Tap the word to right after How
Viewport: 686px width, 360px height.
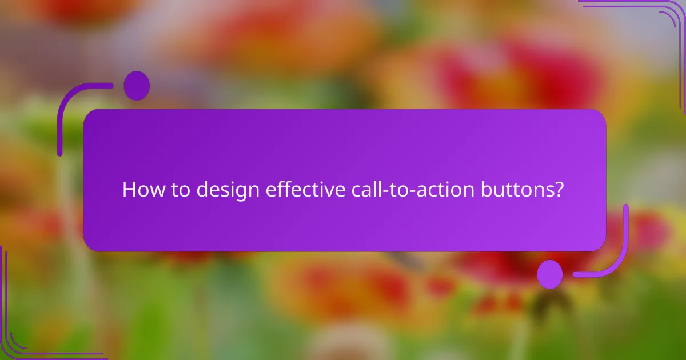click(x=180, y=190)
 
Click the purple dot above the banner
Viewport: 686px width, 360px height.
click(x=137, y=86)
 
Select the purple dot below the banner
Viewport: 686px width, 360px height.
click(x=550, y=274)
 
